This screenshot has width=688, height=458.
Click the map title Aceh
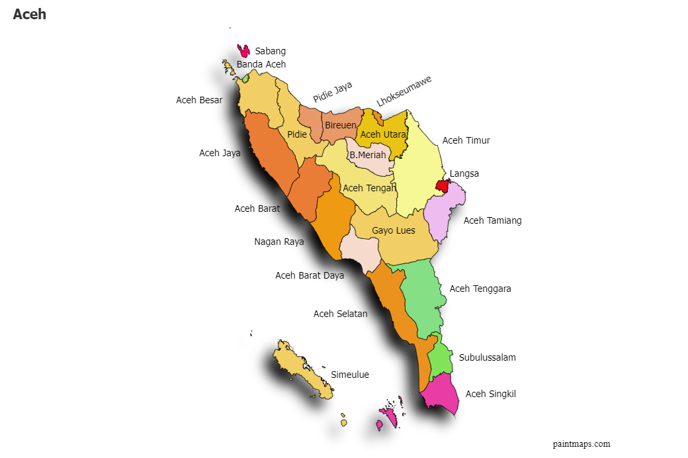click(29, 14)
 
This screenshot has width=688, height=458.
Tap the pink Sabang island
click(243, 51)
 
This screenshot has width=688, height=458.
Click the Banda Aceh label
click(261, 64)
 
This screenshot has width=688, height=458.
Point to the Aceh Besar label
click(199, 100)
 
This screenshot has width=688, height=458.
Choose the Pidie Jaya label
click(333, 92)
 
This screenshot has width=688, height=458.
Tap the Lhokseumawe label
click(404, 91)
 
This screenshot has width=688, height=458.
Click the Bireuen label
click(341, 125)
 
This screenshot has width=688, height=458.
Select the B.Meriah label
click(367, 155)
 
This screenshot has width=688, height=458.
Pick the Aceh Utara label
click(383, 134)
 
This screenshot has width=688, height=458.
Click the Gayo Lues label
click(394, 230)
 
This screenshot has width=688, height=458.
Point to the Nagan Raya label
click(279, 242)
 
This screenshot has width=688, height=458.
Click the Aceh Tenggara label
click(480, 289)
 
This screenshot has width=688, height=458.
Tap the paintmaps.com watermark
click(581, 444)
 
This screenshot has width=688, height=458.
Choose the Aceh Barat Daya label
click(310, 275)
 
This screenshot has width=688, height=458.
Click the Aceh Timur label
click(466, 140)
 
